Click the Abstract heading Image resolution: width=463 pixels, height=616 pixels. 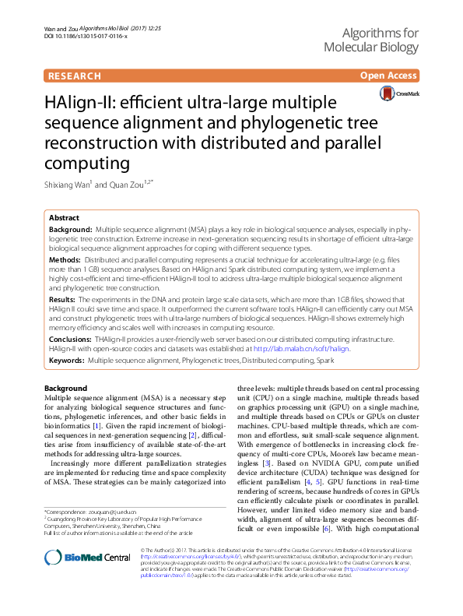pos(64,219)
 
